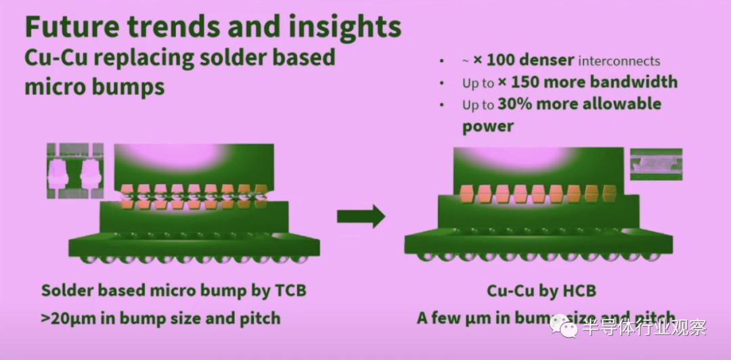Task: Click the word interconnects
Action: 619,61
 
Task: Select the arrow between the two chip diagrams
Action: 361,217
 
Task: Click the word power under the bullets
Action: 487,127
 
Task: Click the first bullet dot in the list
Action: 442,61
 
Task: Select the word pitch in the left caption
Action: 258,318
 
